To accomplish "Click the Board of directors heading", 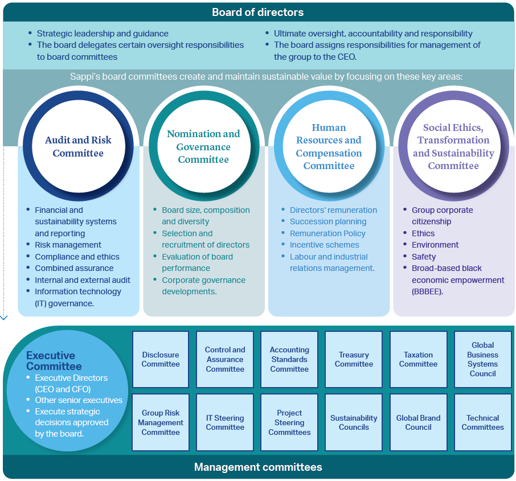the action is (x=257, y=12).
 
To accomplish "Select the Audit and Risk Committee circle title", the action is (x=79, y=146).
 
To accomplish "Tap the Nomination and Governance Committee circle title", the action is (x=203, y=146).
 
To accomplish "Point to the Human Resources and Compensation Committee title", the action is (x=329, y=146).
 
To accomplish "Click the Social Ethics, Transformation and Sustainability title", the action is (x=453, y=146).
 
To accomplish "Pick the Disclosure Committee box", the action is (x=161, y=359).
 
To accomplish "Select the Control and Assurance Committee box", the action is (x=225, y=359).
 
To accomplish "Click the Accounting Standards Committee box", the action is (x=289, y=359).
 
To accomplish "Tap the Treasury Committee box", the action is (x=354, y=359).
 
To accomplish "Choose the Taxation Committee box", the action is (x=418, y=359).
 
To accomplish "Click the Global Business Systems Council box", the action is (x=483, y=359).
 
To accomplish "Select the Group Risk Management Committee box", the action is (x=161, y=422).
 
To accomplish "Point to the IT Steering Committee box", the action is (x=225, y=422).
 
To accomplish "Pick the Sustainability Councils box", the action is (x=354, y=422).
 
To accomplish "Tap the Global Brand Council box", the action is (x=418, y=422).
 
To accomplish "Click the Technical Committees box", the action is (x=483, y=422).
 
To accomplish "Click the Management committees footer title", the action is (x=258, y=467).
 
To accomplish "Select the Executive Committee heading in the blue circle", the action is (x=54, y=361).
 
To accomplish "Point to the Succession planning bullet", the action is (x=328, y=222).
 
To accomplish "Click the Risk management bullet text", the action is (x=68, y=245).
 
